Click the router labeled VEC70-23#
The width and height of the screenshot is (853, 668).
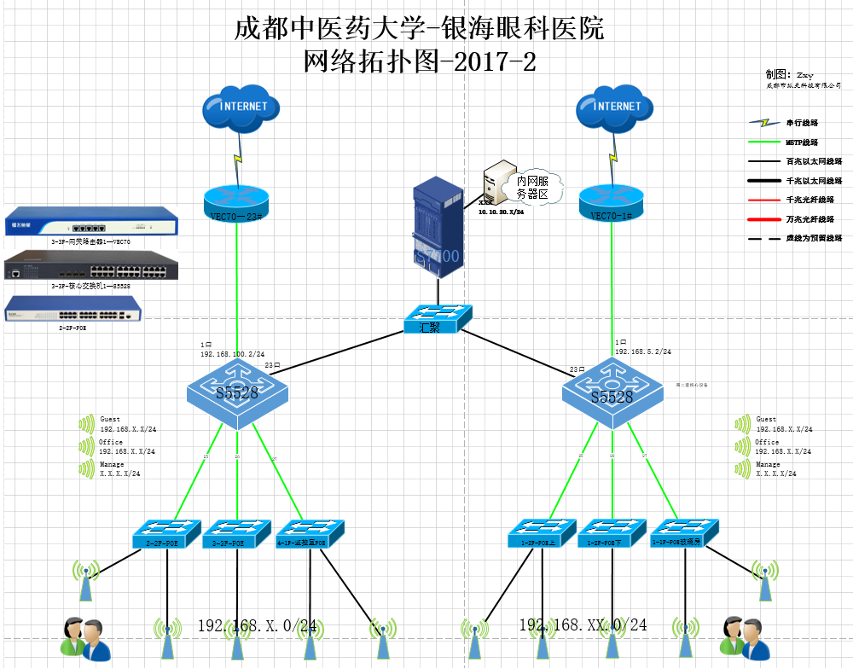(x=236, y=204)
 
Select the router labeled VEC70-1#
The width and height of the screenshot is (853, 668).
(x=611, y=204)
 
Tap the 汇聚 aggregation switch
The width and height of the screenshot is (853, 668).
(x=436, y=319)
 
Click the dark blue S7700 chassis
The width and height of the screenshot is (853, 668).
(x=436, y=229)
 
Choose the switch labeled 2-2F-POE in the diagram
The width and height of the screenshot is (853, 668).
(x=166, y=535)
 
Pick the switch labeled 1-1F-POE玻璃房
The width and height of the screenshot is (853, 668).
(x=686, y=534)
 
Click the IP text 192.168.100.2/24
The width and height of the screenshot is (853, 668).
(x=232, y=353)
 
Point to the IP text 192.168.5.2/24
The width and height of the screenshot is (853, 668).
(x=642, y=351)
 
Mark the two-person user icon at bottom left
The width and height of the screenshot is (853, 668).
(x=85, y=639)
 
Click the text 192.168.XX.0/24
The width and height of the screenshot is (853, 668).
(x=583, y=625)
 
